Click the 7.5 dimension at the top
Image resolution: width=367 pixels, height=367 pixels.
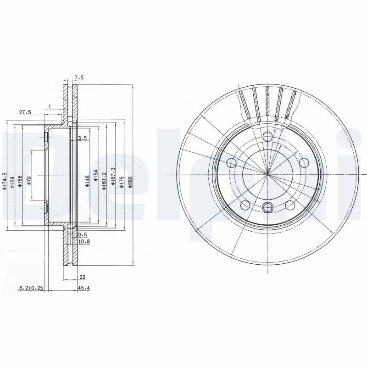coord(78,78)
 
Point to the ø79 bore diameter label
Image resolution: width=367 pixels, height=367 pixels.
coord(29,180)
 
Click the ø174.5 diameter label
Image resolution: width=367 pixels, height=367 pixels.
coord(5,181)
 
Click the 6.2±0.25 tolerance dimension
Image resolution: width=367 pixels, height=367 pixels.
coord(30,288)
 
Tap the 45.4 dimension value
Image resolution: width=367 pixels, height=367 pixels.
coord(83,288)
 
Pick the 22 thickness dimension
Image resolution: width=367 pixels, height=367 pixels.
coord(82,277)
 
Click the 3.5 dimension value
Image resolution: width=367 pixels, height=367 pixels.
coord(83,138)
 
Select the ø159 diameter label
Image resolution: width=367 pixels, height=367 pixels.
coord(12,181)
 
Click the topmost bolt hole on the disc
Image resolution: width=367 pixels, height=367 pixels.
coord(267,136)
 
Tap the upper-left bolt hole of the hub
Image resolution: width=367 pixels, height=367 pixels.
coord(232,162)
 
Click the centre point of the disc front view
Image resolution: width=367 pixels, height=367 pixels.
coord(267,174)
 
